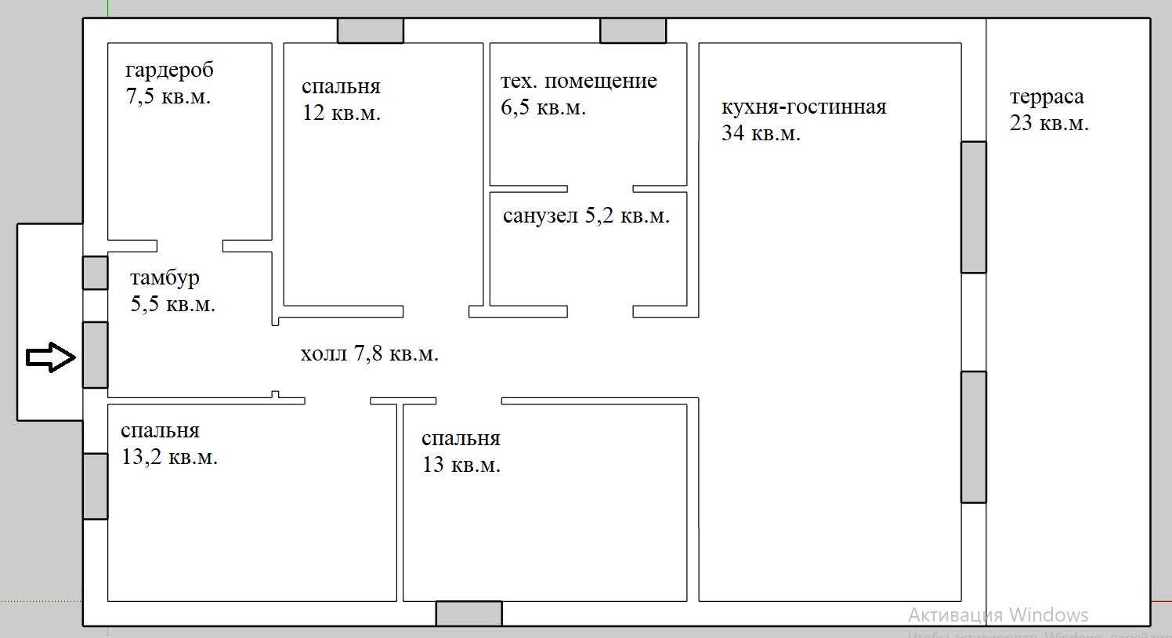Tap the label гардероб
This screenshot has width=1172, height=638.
(169, 71)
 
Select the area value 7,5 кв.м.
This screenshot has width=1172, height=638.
(168, 97)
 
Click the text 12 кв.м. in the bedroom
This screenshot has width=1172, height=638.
(342, 113)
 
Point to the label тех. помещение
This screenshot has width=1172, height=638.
(578, 81)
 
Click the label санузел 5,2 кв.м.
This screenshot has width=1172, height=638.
(586, 216)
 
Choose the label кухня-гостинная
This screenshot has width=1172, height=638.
(804, 107)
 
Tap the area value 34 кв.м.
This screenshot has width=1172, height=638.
(761, 133)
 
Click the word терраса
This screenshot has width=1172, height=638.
(1047, 97)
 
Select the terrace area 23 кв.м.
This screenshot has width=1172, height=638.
(1049, 123)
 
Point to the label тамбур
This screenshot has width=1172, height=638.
(165, 277)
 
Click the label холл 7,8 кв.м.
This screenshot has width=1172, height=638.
(369, 353)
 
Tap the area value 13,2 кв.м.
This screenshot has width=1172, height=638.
(169, 456)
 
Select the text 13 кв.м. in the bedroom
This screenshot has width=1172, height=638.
(461, 465)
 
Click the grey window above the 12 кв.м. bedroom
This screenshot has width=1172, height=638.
(371, 31)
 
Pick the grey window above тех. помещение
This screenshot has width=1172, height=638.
(633, 31)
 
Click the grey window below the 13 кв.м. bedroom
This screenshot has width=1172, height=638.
(468, 613)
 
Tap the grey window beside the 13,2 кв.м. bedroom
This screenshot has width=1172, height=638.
(95, 486)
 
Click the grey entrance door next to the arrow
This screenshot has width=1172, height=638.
(95, 354)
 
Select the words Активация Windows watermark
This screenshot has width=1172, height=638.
(998, 614)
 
